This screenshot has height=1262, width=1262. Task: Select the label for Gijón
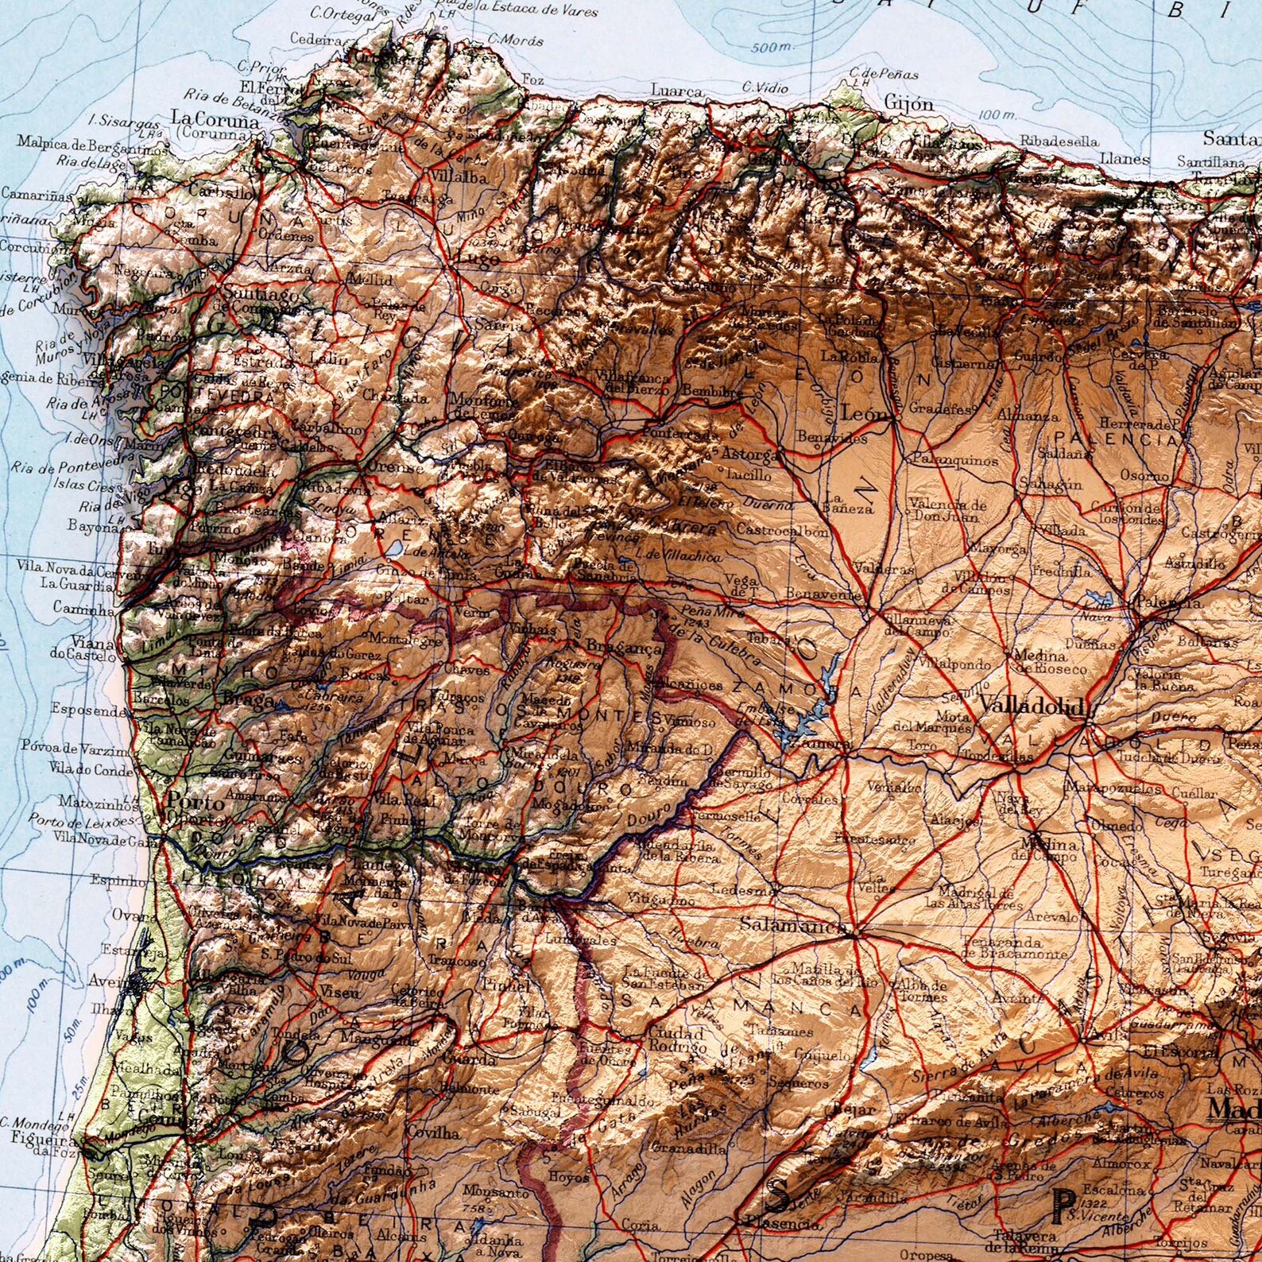click(x=909, y=104)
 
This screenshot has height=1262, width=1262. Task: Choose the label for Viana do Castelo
click(x=81, y=648)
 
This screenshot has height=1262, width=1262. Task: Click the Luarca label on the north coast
click(x=676, y=91)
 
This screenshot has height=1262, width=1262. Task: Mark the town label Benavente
click(x=823, y=594)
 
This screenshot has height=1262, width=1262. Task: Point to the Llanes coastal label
click(x=1125, y=159)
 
